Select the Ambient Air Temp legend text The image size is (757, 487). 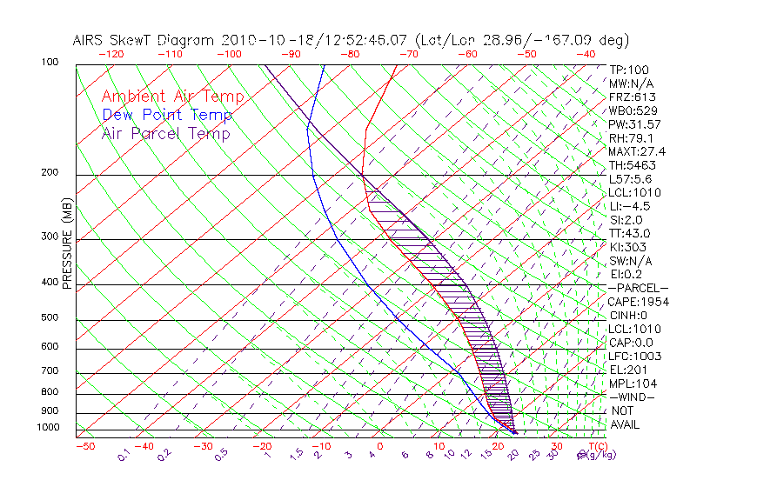point(172,97)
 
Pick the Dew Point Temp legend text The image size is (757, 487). point(167,115)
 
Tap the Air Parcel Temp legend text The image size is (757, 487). point(165,133)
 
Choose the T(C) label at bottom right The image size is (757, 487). point(593,447)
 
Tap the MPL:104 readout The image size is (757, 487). point(632,384)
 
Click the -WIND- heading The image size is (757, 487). point(632,397)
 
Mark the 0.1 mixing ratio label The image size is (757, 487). point(124,454)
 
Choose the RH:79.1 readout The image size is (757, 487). point(631,138)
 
